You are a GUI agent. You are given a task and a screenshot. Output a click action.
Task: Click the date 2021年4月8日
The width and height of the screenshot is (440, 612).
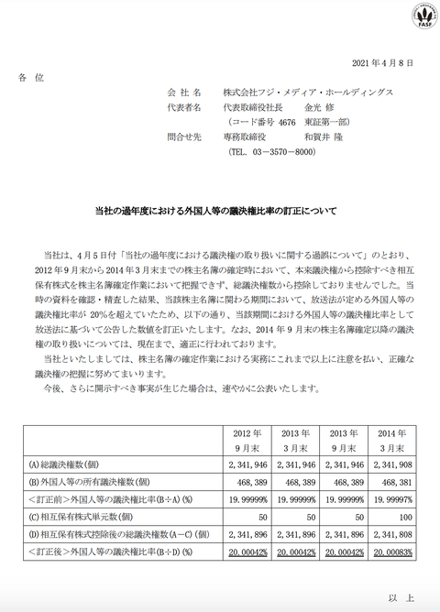click(389, 62)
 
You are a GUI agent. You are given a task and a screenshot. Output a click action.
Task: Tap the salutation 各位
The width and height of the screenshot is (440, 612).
click(31, 79)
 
